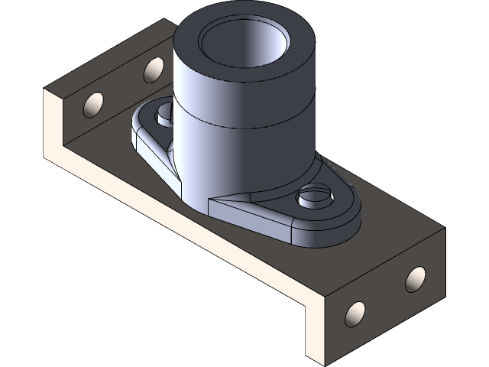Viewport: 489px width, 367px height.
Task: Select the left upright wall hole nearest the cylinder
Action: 152,70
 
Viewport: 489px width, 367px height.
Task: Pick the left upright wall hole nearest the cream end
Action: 94,104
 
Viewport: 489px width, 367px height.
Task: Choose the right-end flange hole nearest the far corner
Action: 415,280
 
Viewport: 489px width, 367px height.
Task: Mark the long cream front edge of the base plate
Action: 183,229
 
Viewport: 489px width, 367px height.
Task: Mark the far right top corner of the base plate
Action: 444,227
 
